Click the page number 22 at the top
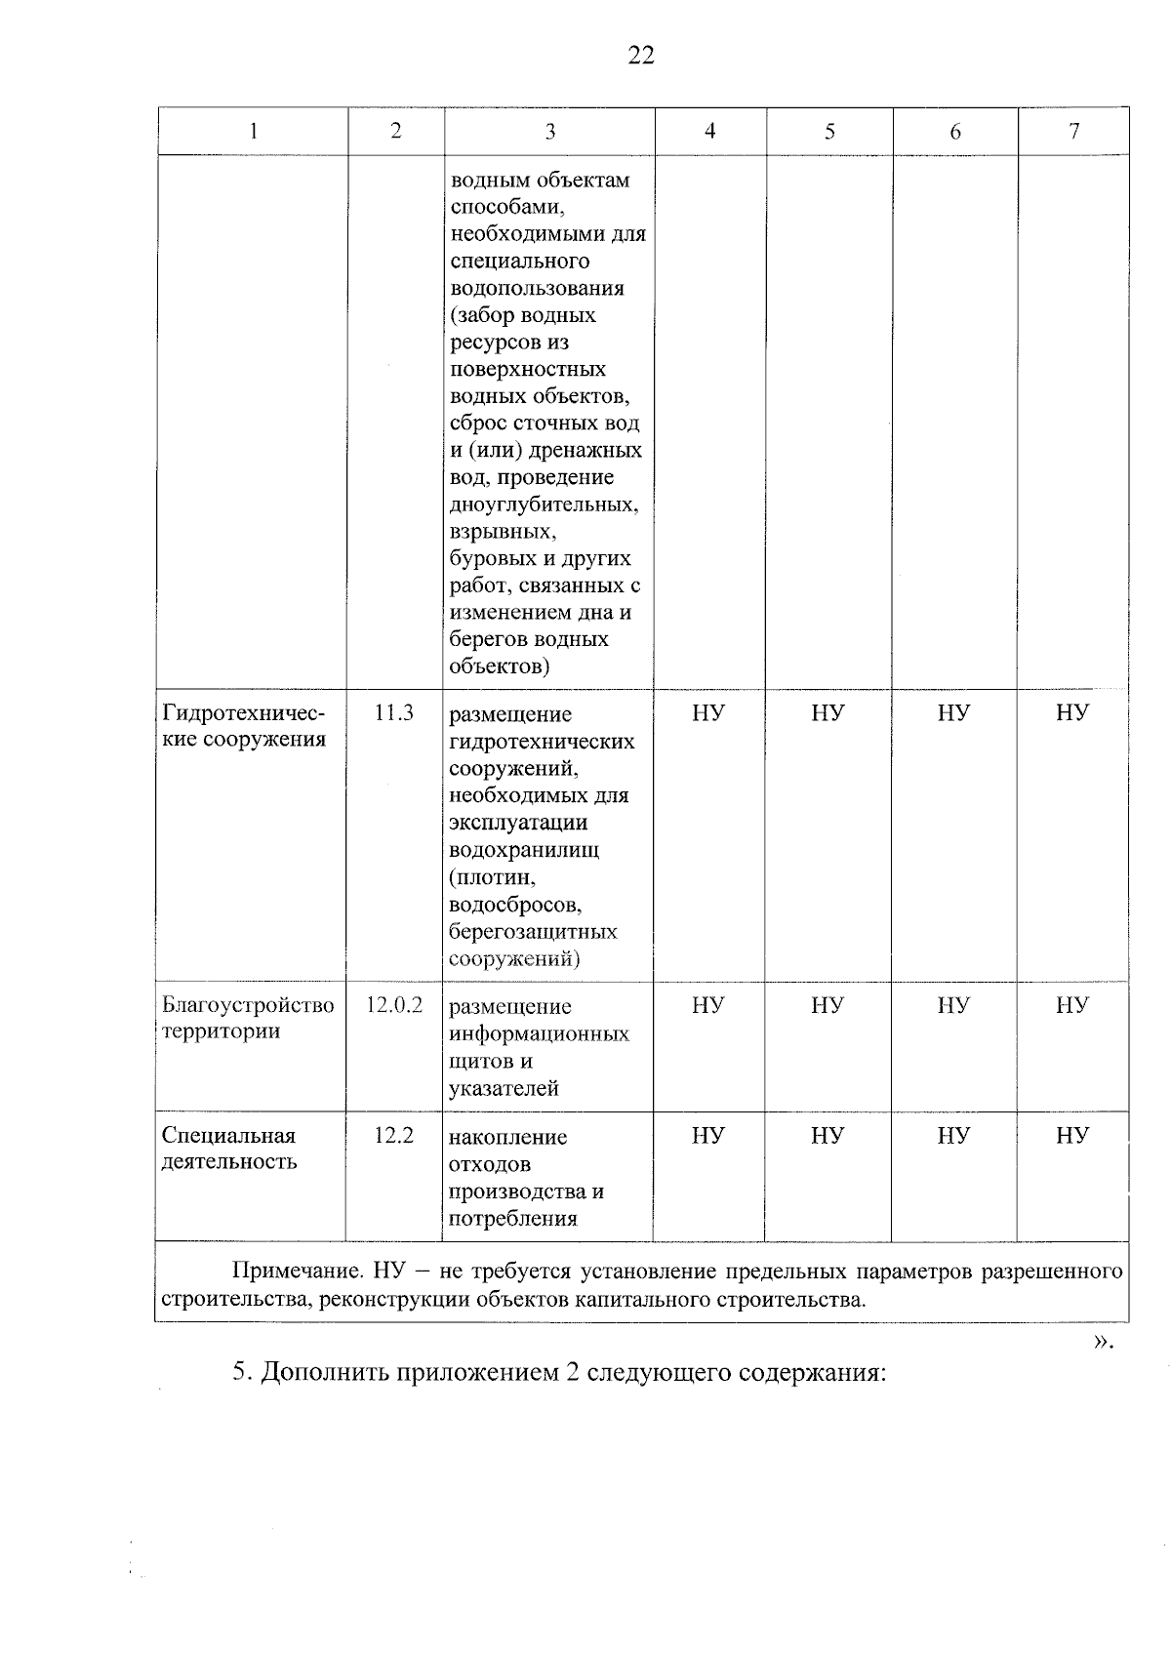tap(641, 56)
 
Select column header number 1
tap(254, 132)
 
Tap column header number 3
tap(550, 132)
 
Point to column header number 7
tap(1073, 132)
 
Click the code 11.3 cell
tap(394, 713)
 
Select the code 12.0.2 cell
tap(394, 1005)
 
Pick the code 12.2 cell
tap(394, 1135)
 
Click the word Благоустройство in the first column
tap(248, 1005)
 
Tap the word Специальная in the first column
tap(228, 1136)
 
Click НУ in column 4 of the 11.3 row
tap(708, 713)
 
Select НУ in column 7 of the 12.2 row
tap(1072, 1135)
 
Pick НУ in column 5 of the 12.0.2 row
tap(828, 1005)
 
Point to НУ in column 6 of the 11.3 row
tap(953, 713)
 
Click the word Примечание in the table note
tap(297, 1272)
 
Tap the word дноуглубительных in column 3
tap(544, 505)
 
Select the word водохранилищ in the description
tap(524, 849)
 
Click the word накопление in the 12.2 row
tap(507, 1137)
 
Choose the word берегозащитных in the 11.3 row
tap(533, 931)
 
